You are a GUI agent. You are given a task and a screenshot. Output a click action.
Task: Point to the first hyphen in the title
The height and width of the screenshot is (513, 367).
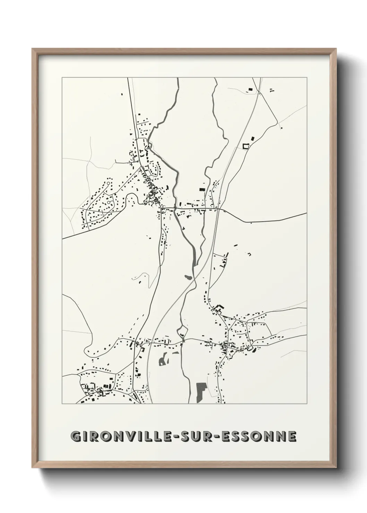coord(179,437)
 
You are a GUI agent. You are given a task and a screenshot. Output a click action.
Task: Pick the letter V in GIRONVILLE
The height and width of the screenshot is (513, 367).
coord(133,436)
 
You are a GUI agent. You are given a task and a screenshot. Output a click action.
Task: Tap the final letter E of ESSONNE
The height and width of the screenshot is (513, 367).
coord(292,436)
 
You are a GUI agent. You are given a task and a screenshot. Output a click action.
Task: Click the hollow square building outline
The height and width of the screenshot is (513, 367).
coord(246,146)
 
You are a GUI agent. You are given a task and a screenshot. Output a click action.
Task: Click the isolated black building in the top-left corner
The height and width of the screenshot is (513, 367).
coord(121,93)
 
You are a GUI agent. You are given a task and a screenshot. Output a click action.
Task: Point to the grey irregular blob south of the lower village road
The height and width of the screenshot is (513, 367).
coord(163,360)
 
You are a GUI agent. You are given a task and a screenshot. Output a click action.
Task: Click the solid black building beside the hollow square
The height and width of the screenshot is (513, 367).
coord(252,138)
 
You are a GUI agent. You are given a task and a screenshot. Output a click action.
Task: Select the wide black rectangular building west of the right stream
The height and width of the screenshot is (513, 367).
coord(202,189)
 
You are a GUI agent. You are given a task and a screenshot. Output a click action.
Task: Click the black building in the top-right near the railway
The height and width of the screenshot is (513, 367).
coord(249,90)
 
